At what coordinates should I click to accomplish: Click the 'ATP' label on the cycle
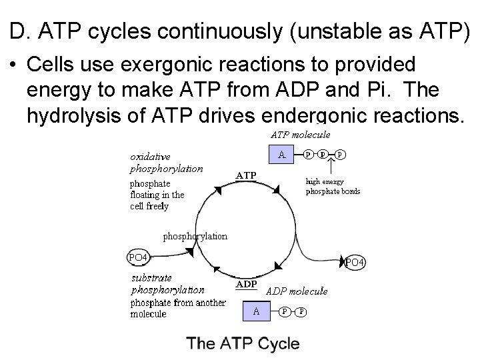tap(246, 176)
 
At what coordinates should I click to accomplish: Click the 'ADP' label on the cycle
tap(247, 283)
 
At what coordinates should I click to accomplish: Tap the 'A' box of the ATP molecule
tap(282, 155)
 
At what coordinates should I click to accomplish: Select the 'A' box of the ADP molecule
tap(255, 311)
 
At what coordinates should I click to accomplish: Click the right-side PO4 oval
tap(354, 262)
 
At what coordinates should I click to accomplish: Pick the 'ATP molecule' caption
tap(299, 135)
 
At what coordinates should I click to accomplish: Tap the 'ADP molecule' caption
tap(297, 291)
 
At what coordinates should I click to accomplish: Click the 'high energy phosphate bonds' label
tap(333, 186)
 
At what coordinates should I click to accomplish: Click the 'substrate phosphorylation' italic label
tap(167, 283)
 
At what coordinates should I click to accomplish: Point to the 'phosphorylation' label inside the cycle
tap(195, 235)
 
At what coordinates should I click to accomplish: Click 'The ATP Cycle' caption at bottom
tap(243, 344)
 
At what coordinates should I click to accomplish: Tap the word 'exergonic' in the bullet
tap(155, 65)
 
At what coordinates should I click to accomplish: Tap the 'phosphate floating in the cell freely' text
tap(157, 195)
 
